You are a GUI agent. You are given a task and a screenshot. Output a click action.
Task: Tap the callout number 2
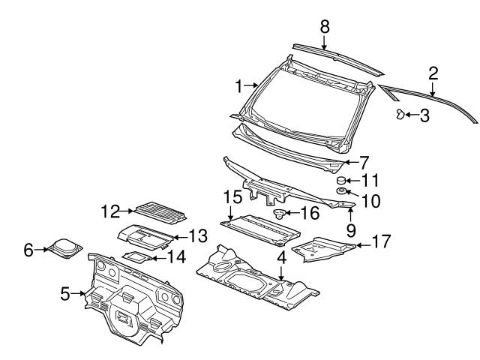pyautogui.click(x=433, y=73)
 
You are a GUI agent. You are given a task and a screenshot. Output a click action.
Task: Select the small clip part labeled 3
pyautogui.click(x=401, y=114)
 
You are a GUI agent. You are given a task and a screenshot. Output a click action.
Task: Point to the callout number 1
pyautogui.click(x=239, y=87)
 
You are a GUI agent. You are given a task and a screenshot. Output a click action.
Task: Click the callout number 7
pyautogui.click(x=364, y=161)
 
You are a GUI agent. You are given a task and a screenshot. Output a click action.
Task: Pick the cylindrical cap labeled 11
pyautogui.click(x=341, y=181)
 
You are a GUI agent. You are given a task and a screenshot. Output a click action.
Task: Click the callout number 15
pyautogui.click(x=231, y=197)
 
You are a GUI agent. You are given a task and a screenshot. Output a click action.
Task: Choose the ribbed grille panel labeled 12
pyautogui.click(x=160, y=213)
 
